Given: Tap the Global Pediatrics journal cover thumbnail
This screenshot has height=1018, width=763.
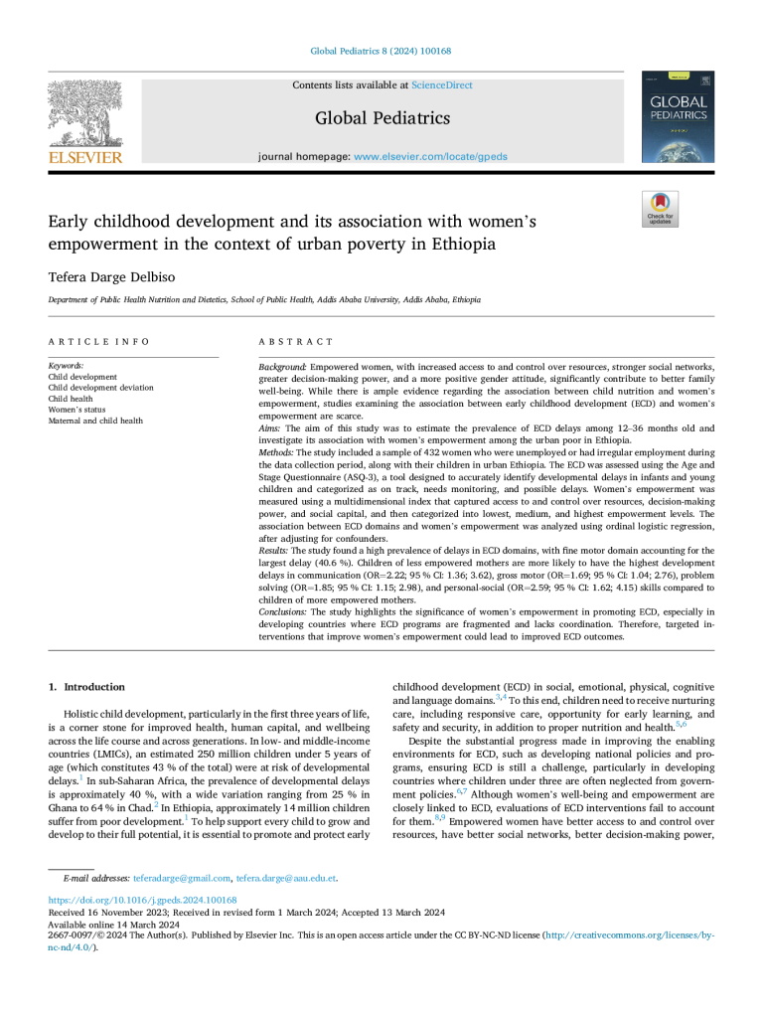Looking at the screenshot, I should click(x=678, y=117).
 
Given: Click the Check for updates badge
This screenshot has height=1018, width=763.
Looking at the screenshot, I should click(x=660, y=208).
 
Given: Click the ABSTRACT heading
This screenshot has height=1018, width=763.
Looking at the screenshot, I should click(x=296, y=341).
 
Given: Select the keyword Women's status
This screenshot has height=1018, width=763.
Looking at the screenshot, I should click(x=77, y=410).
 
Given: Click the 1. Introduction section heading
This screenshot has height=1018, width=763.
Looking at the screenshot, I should click(x=87, y=687).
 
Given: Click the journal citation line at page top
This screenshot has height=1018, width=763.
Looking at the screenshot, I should click(x=381, y=51).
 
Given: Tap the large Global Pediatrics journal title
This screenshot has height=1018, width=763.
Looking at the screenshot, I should click(x=382, y=118).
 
